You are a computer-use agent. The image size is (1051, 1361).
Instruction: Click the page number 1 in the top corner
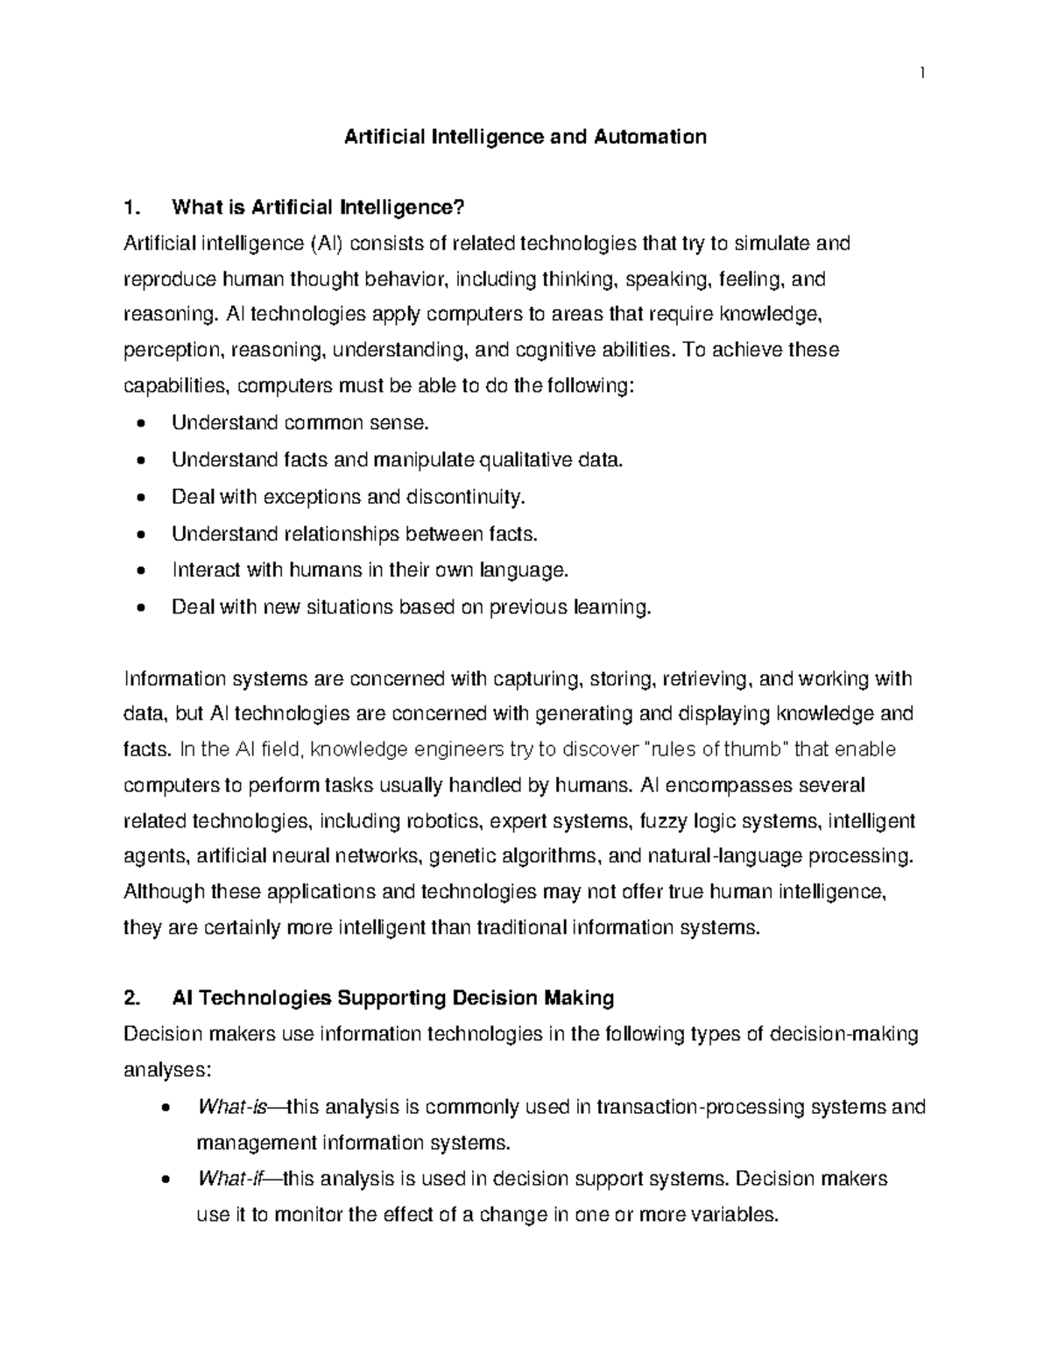(x=922, y=73)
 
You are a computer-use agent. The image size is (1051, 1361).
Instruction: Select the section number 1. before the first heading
(x=131, y=208)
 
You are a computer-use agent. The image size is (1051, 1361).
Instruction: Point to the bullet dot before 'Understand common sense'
(x=143, y=424)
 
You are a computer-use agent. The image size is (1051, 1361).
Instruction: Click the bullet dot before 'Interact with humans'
(x=143, y=571)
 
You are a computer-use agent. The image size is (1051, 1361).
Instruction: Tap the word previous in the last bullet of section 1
(x=527, y=607)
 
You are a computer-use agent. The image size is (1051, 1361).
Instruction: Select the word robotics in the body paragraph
(x=442, y=821)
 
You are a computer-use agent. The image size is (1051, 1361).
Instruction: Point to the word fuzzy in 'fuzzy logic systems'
(x=662, y=821)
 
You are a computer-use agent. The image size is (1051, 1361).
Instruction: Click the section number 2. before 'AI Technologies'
(x=131, y=998)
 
